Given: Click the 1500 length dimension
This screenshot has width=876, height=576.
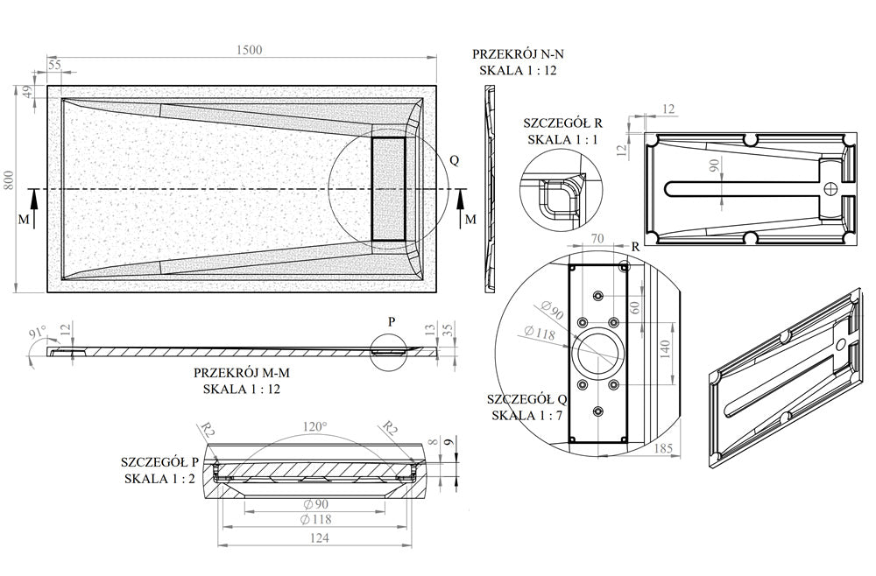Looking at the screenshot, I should pos(249,50).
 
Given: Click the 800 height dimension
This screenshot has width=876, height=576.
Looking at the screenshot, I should pos(10,180).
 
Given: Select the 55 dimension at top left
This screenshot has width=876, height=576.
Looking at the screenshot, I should pos(54,65).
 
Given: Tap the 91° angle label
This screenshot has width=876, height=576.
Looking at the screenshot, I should pos(38,333).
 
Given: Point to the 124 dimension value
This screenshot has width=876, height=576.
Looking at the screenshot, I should pos(319,539).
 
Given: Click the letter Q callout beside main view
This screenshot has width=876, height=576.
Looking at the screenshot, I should pos(454,160).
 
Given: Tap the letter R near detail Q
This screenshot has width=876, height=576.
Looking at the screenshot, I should pos(635,248).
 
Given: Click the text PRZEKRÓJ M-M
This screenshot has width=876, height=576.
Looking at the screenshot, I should pos(242,372).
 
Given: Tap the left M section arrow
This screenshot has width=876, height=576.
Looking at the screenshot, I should pos(32,211).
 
